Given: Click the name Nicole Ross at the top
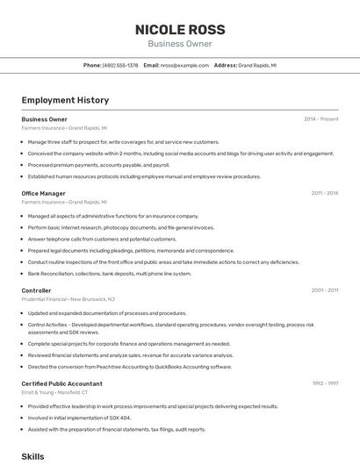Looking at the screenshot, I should (179, 29).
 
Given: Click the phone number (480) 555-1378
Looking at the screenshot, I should (120, 65).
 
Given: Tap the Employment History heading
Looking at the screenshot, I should (65, 101).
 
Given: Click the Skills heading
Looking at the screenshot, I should (32, 456).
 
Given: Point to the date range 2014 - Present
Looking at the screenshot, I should (320, 118).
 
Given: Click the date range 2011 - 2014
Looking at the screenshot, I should (324, 193).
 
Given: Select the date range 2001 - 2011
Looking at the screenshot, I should (324, 290).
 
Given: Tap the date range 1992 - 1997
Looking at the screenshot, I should (324, 383).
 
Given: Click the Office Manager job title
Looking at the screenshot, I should (43, 193).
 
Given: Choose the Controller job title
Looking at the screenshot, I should (36, 290).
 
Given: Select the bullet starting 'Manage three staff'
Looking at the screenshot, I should (123, 141).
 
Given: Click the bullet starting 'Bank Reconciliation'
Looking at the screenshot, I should (109, 273).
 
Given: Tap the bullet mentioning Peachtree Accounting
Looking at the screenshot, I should (129, 367).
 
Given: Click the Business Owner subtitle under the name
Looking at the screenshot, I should (179, 44).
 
